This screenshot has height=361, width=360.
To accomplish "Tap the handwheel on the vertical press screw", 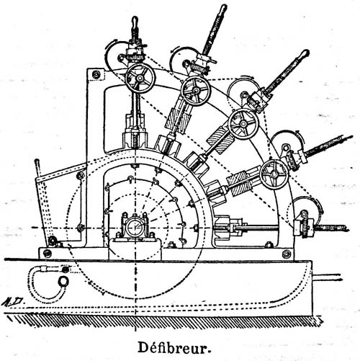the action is coord(140,78).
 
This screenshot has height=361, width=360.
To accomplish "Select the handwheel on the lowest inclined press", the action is coord(274,174).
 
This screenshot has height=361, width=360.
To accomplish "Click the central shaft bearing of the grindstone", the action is coord(135,227).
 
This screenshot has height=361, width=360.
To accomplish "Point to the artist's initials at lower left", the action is coord(14,302).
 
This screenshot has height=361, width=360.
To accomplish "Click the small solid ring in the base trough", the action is coord(64,280).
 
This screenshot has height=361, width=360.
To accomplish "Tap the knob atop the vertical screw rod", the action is coord(135,21).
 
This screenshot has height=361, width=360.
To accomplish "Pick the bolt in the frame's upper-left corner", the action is coord(96,74).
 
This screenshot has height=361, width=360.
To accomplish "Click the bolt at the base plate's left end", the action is coord(48,253).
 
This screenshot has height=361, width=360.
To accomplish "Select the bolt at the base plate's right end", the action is coord(286,254).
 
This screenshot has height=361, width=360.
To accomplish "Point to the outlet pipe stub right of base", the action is coord(327,277).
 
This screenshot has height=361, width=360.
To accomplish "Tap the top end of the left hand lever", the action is coord(37,161).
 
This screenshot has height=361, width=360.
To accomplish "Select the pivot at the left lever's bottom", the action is coord(51,240).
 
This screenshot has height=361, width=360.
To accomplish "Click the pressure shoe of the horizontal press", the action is coord(222,227).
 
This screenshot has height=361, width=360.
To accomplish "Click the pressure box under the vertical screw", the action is coord(135,139).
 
